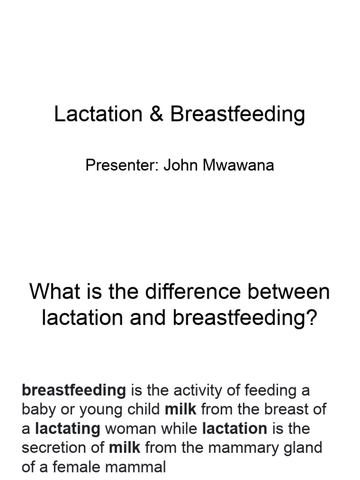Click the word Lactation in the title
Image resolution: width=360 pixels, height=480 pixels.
click(98, 114)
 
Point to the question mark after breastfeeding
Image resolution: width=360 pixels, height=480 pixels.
click(313, 318)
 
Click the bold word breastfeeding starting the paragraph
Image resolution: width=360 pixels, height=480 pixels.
click(74, 390)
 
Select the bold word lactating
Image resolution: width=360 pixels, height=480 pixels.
click(67, 428)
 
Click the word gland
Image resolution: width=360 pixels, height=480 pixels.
click(303, 448)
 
